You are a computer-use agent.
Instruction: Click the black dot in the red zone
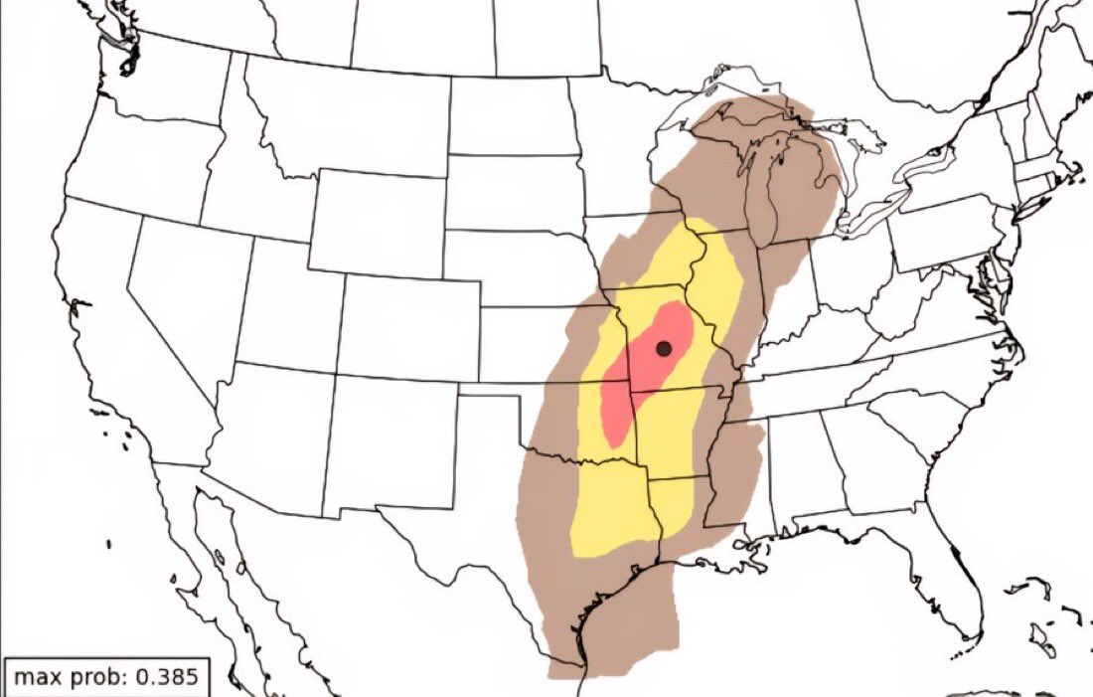pyautogui.click(x=665, y=348)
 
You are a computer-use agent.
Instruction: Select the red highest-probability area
pyautogui.click(x=636, y=378)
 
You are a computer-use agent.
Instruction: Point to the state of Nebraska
pyautogui.click(x=517, y=268)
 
